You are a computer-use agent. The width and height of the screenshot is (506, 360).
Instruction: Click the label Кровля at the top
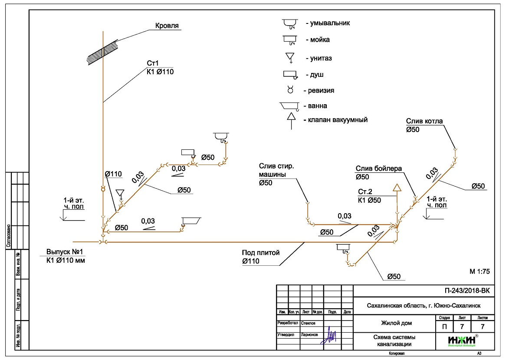pos(167,26)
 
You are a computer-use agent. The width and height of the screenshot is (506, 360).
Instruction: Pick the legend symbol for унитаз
pos(290,57)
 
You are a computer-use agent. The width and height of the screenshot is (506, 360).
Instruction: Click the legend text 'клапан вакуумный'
pos(336,120)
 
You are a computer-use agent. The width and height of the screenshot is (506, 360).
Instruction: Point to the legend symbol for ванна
pos(289,106)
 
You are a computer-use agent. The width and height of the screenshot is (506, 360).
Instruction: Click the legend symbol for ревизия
pos(290,90)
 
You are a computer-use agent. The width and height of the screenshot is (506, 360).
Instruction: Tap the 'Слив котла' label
pos(424,121)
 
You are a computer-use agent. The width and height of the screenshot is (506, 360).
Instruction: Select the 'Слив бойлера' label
pos(379,168)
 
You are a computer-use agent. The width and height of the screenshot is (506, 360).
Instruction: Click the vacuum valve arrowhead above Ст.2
pos(396,188)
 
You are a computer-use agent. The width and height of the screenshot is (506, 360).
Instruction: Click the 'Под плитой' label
pos(261,253)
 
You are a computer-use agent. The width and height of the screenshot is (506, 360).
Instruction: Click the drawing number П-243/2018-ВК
pos(463,291)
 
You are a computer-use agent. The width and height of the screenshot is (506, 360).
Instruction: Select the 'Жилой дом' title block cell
pos(394,323)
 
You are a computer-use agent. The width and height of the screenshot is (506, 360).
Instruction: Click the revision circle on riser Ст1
pos(103,189)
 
